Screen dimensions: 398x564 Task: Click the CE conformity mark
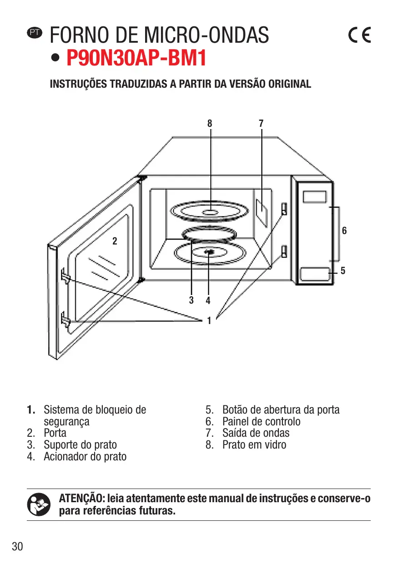tap(359, 35)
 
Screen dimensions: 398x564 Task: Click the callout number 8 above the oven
tap(210, 123)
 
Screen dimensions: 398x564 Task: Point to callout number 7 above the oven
tap(261, 123)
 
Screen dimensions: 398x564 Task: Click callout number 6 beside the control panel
tap(344, 231)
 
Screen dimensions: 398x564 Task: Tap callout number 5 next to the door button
tap(343, 271)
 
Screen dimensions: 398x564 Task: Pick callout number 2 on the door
tap(115, 241)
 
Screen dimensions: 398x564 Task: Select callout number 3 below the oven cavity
tap(191, 300)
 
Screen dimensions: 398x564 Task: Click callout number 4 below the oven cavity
tap(208, 300)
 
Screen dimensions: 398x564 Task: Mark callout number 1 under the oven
tap(209, 321)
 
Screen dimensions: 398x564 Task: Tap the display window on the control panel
tap(315, 197)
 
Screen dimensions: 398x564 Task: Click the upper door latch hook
tap(64, 276)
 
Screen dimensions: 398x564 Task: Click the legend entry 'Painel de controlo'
tap(261, 421)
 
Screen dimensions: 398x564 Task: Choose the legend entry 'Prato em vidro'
tap(254, 445)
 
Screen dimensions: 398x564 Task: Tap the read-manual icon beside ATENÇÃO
tap(38, 505)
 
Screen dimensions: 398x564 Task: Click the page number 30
tap(17, 546)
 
